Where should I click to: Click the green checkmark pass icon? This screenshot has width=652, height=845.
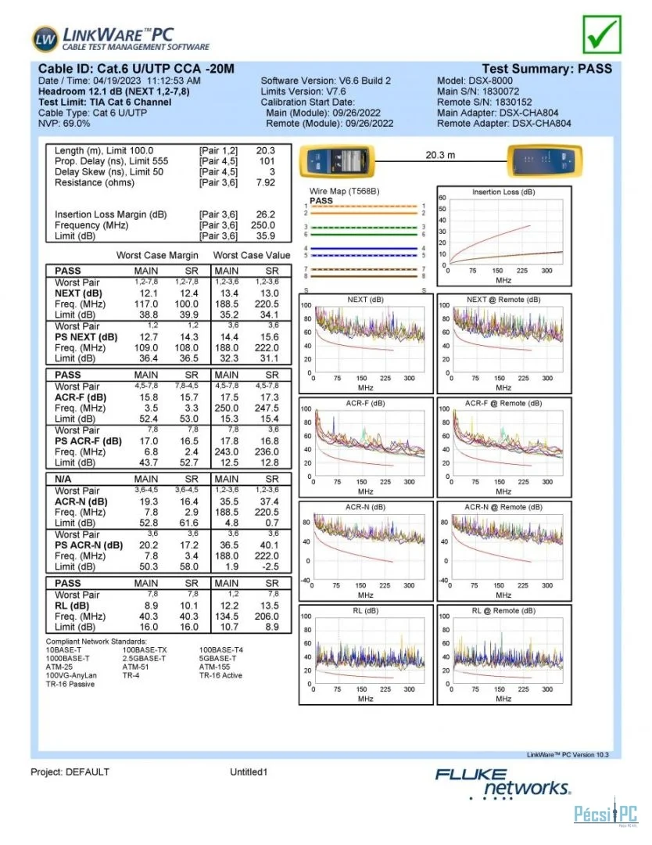point(602,34)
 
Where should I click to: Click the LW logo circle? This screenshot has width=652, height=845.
point(45,39)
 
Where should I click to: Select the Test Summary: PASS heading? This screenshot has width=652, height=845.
point(546,69)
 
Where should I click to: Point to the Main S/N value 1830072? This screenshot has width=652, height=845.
point(500,92)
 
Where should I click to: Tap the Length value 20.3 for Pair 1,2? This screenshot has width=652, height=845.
point(266,151)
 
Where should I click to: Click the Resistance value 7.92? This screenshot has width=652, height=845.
point(266,182)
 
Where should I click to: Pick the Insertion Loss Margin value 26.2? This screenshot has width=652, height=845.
point(266,214)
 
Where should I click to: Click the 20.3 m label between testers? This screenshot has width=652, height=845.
point(440,155)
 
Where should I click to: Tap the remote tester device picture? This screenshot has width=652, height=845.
point(544,160)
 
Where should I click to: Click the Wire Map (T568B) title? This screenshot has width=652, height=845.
point(345,192)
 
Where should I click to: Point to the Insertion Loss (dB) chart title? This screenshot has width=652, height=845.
point(503,192)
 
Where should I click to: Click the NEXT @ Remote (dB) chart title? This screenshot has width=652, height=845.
point(503,300)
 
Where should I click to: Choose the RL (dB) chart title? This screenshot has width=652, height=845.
point(366,610)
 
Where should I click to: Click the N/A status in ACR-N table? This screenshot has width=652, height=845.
point(63,479)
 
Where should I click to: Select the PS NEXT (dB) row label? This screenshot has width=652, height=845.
point(86,337)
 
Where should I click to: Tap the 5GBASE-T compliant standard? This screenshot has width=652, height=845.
point(218,659)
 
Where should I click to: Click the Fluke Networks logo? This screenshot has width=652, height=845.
point(503,783)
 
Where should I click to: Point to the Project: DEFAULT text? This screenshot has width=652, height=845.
point(70,772)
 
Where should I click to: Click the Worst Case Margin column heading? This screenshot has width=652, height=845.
point(157,255)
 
